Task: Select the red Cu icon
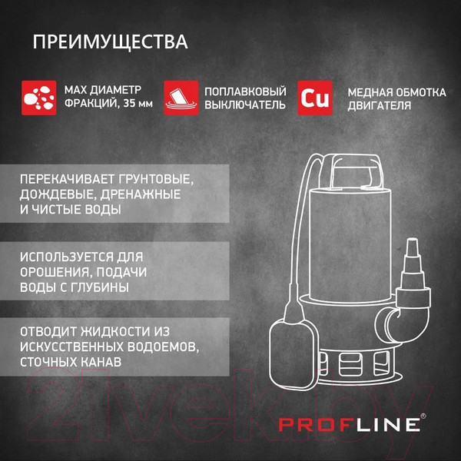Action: coord(315,98)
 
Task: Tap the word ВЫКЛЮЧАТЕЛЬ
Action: coord(245,105)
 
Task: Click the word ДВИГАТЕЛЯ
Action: coord(379,106)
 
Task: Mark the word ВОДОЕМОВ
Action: coord(153,346)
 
